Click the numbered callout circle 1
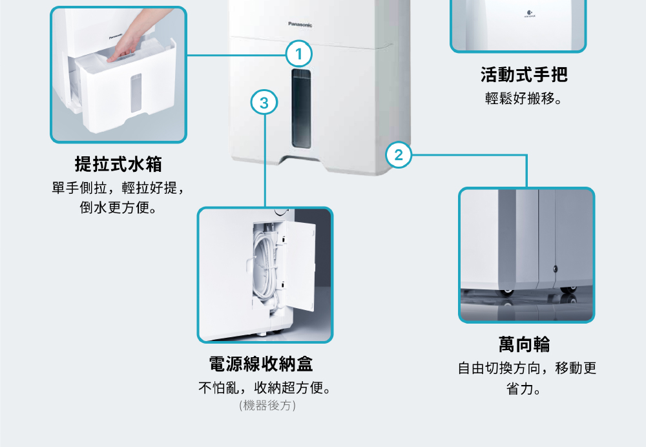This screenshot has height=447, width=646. point(298,54)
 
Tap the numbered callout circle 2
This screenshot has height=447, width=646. point(398,155)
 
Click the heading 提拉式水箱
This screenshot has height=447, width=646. point(118,164)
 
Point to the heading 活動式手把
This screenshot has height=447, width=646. point(524,75)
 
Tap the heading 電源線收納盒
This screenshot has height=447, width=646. point(261,364)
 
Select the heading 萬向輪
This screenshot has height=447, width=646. point(524,344)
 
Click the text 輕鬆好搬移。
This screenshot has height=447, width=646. point(524,100)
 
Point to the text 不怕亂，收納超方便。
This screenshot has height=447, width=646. point(267,388)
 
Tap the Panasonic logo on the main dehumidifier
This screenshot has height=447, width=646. point(300,25)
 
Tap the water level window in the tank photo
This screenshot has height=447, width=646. point(136,92)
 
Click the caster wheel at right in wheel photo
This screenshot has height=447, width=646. point(569,291)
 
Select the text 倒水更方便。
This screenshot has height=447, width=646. point(118,209)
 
